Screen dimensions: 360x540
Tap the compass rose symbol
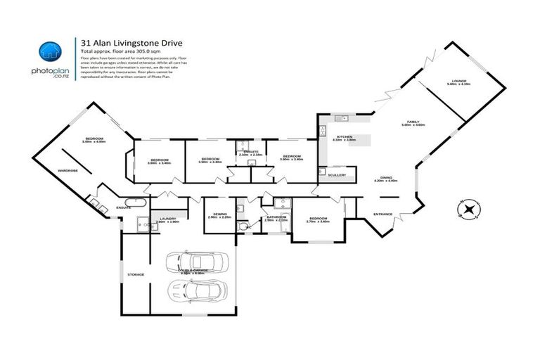tap(467, 209)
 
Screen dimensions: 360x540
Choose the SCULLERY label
tap(336, 175)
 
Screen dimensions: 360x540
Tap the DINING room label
tap(386, 178)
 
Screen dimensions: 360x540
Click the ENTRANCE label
tap(382, 214)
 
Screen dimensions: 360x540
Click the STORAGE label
tap(136, 274)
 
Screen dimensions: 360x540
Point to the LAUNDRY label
tap(168, 219)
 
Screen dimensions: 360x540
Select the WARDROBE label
tap(67, 170)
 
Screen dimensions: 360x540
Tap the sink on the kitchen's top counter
tap(339, 117)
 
